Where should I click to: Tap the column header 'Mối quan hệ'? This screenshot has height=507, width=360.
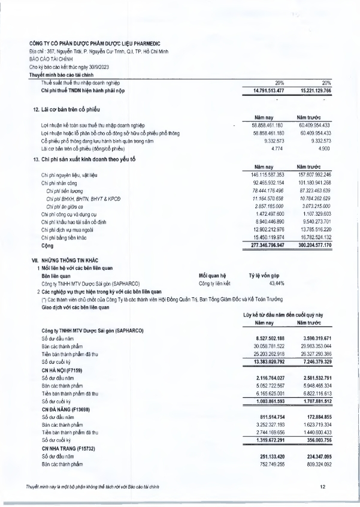(213, 276)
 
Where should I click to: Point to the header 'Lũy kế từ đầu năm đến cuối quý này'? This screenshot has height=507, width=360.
(283, 315)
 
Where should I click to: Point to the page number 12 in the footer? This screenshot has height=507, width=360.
(322, 486)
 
